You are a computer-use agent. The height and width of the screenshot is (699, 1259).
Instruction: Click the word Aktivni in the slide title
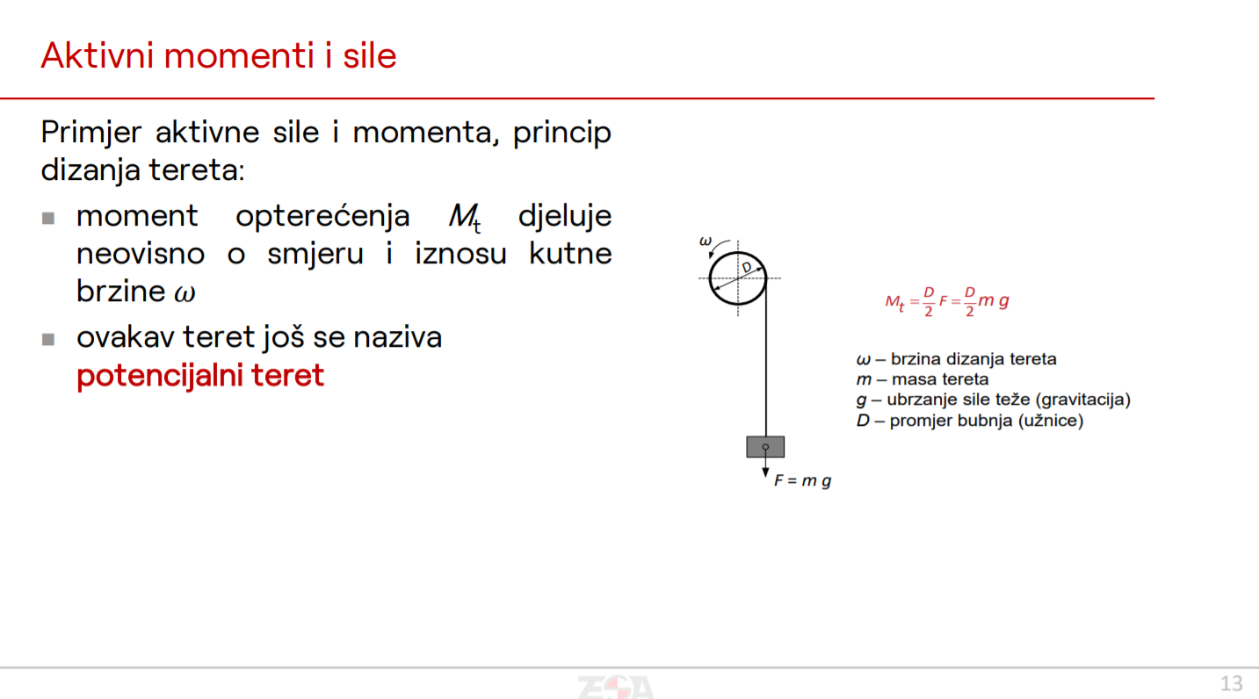[x=98, y=55]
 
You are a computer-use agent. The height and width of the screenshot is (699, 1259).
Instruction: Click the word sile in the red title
[x=370, y=55]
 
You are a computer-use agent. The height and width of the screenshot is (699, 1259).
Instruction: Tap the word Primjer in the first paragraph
[x=91, y=133]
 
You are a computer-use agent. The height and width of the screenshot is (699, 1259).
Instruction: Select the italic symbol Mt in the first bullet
[x=465, y=218]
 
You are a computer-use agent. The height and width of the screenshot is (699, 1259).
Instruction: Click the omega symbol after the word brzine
[x=185, y=293]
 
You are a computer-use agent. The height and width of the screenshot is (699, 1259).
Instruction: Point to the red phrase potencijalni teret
[x=200, y=376]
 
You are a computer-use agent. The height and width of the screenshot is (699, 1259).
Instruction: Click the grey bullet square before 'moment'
[x=48, y=218]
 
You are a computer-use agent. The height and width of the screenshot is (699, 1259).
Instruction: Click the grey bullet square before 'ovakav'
[x=48, y=339]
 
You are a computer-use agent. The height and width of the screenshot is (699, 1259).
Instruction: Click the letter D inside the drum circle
[x=747, y=268]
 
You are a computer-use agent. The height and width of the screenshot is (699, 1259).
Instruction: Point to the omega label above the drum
[x=705, y=241]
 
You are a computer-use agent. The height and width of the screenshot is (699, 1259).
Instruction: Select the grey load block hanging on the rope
[x=765, y=447]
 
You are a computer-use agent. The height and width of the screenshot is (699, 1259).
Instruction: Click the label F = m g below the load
[x=803, y=481]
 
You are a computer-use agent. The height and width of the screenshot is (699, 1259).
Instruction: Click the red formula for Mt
[x=947, y=302]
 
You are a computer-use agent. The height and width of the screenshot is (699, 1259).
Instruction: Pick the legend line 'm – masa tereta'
[x=923, y=379]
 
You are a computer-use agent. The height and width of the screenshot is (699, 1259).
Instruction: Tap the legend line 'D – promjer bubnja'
[x=970, y=421]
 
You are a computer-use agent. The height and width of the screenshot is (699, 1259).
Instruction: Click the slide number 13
[x=1232, y=684]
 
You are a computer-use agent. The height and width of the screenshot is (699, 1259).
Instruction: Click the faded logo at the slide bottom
[x=616, y=687]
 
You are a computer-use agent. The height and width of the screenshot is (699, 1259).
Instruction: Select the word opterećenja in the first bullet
[x=322, y=218]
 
